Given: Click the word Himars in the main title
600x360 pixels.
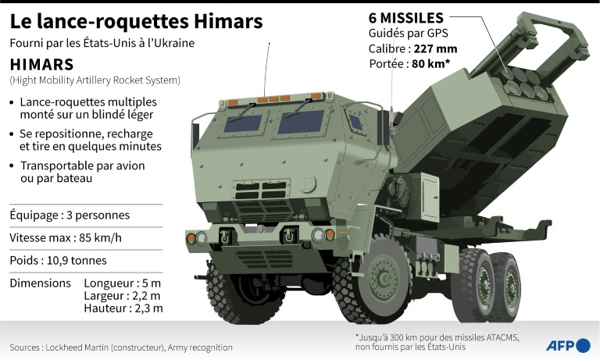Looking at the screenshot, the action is [228, 22].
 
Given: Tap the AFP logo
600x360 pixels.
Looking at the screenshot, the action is [568, 345].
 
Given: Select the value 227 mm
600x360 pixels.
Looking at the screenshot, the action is [435, 49].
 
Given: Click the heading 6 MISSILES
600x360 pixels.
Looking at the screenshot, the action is [406, 18].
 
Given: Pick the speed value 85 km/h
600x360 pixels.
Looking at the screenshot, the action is [100, 237].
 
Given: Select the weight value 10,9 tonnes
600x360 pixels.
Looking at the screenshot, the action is [77, 261].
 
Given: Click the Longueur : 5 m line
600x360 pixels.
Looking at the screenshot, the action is [123, 283].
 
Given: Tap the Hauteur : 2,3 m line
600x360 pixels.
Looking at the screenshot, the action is [123, 308].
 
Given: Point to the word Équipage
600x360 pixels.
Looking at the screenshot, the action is [34, 215].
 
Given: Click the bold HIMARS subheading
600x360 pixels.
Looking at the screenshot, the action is [41, 65].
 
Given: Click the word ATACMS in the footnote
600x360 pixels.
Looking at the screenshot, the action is [502, 338].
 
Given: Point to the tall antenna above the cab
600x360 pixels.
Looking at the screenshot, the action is [266, 70].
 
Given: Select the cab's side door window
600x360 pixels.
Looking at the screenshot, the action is [355, 123].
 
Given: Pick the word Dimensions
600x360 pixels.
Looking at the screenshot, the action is [40, 283].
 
